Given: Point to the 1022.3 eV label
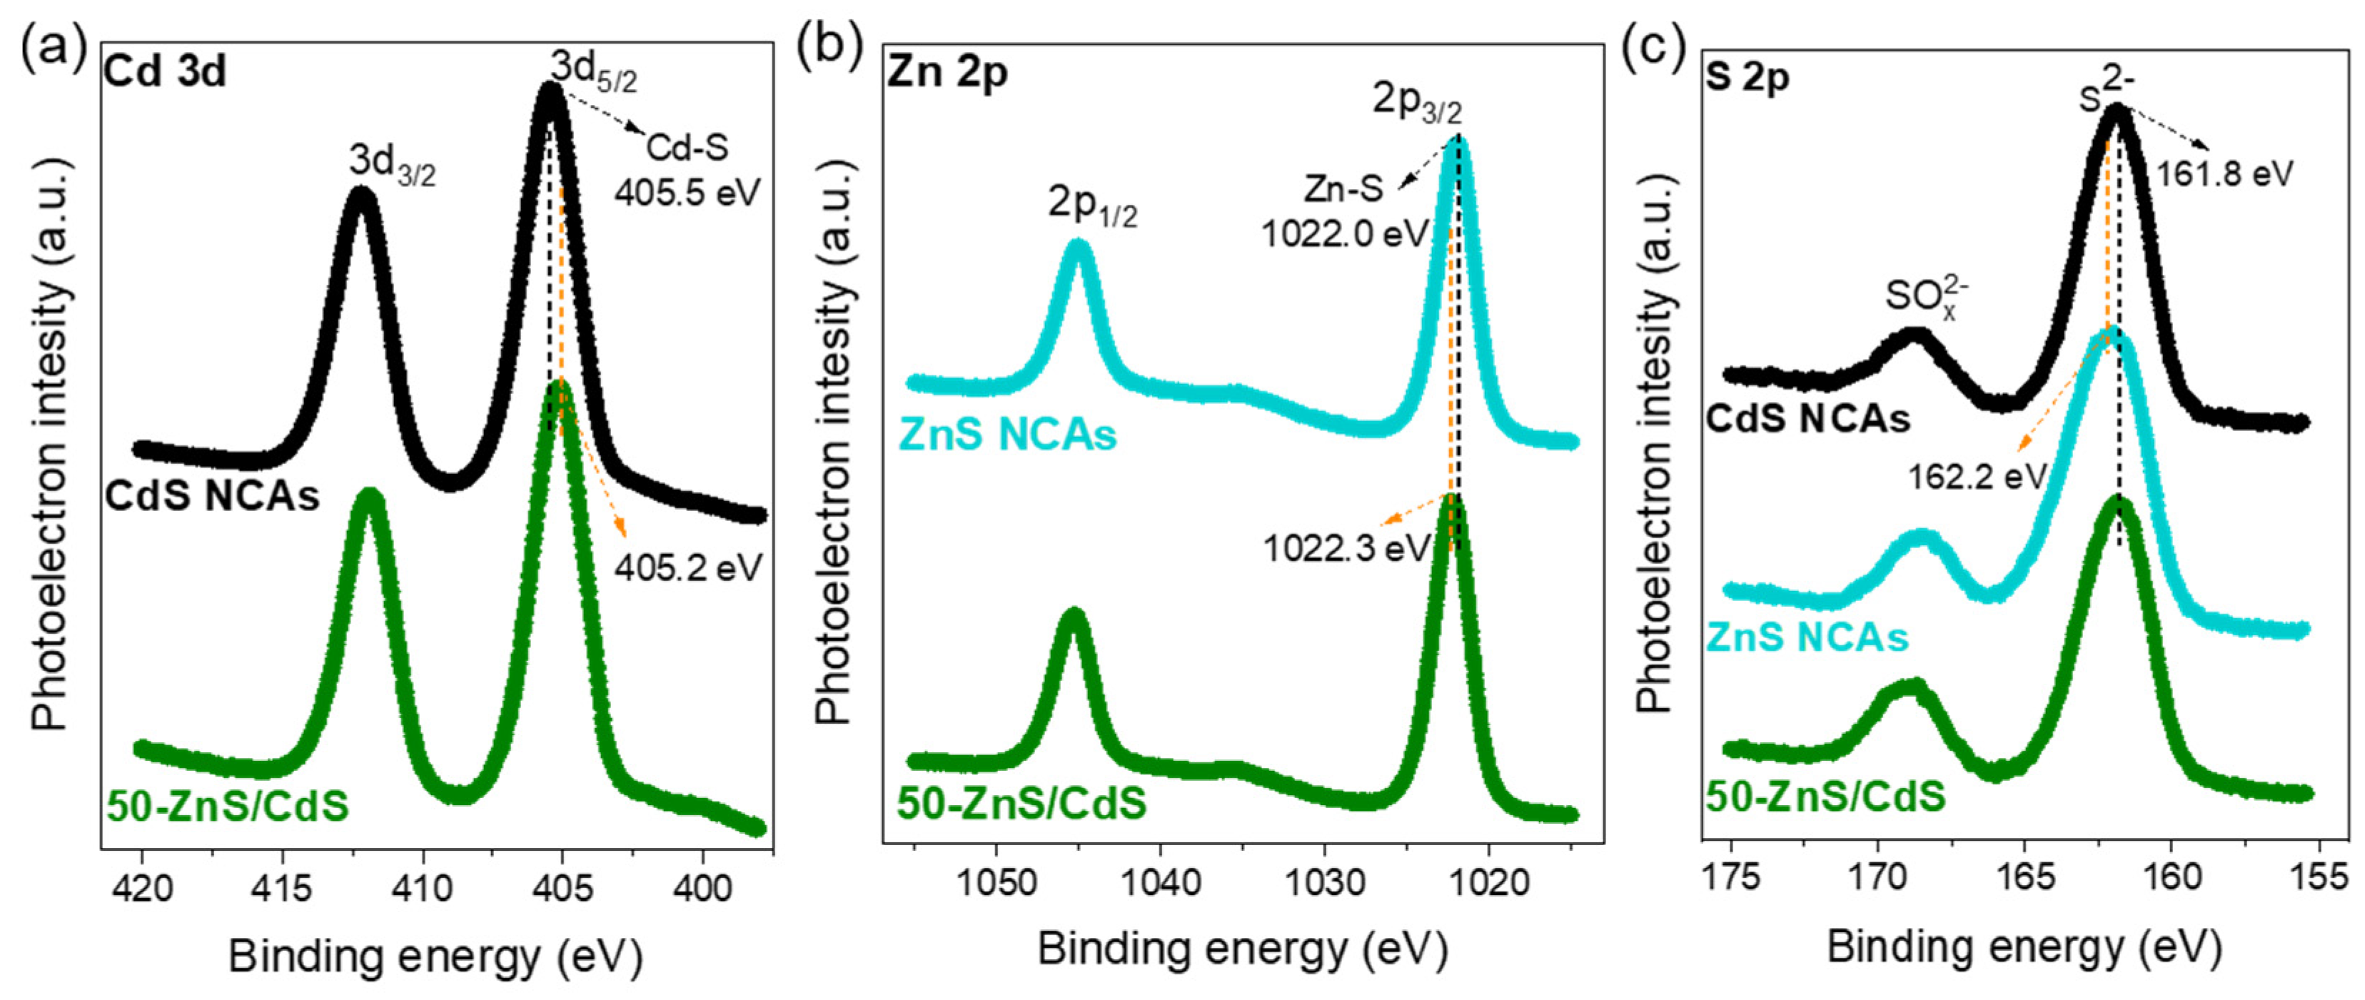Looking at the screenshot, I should click(1346, 548).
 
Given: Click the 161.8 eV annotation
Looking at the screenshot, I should click(2224, 173).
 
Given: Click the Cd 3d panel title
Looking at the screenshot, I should click(165, 71).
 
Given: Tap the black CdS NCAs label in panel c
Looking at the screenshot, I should click(1807, 420).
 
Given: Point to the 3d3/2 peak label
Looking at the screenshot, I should click(391, 163).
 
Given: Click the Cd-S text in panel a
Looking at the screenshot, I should click(687, 147).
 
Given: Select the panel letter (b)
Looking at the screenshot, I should click(829, 48).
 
